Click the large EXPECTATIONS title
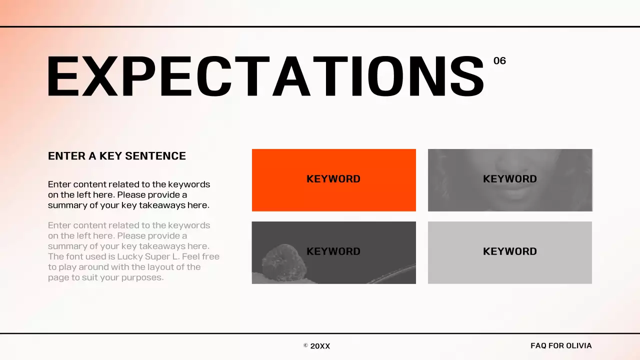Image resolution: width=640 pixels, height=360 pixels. (x=265, y=76)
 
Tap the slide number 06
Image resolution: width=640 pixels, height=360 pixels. (x=499, y=61)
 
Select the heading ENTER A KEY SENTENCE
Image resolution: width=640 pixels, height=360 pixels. (x=116, y=156)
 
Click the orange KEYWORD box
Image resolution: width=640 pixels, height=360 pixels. (x=333, y=195)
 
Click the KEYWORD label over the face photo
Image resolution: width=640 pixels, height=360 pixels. (x=509, y=179)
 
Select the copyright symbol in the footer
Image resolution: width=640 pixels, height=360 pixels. (x=305, y=345)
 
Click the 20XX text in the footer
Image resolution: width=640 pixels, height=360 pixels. (x=320, y=346)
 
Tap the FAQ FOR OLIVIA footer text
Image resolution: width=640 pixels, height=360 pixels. (x=560, y=345)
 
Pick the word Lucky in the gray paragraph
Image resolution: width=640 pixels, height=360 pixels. (x=130, y=256)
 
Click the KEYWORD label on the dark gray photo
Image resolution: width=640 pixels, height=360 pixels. (x=333, y=251)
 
